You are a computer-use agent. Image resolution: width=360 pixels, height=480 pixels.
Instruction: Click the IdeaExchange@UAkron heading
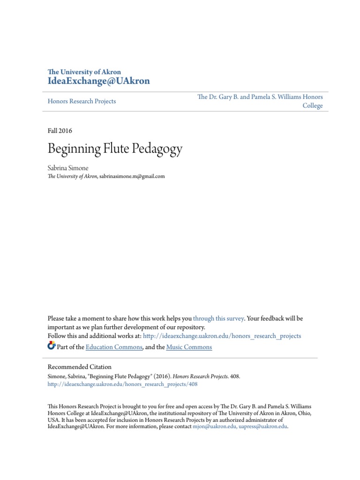(99, 81)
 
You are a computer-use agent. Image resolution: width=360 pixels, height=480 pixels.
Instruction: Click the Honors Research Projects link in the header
(82, 101)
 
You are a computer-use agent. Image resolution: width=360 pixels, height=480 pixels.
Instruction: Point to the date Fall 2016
(60, 131)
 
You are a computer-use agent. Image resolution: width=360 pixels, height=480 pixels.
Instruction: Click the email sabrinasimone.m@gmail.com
(133, 177)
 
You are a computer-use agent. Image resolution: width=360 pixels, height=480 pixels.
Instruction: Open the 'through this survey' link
(218, 318)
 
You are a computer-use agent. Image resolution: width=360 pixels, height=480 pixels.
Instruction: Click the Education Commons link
(114, 347)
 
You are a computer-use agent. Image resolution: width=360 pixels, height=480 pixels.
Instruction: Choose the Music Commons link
(189, 347)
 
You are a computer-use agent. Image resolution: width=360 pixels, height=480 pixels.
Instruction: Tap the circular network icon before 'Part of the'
(52, 346)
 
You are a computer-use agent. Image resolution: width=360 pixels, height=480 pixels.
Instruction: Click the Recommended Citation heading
(80, 367)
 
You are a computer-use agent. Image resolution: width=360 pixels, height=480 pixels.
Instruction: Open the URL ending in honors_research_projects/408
(123, 384)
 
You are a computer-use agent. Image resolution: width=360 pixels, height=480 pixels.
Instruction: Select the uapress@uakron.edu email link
(262, 427)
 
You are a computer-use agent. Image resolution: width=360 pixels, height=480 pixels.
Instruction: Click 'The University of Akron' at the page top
(84, 72)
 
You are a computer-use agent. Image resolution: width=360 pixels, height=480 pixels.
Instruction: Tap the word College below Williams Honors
(312, 106)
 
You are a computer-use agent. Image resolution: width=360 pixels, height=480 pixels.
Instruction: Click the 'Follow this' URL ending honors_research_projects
(222, 336)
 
